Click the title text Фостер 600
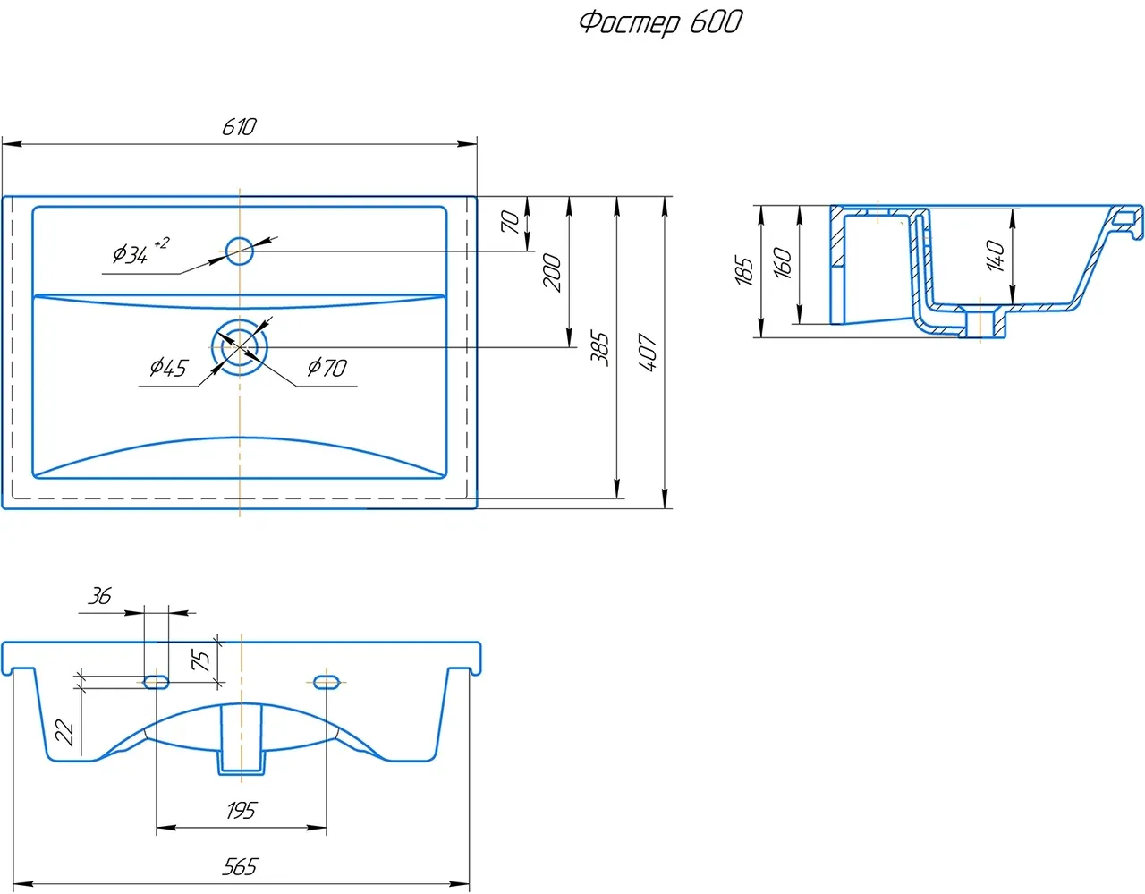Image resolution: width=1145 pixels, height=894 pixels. coord(660,21)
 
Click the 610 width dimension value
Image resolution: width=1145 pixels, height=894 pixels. coord(239,127)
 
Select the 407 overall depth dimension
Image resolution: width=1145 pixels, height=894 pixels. coord(649,353)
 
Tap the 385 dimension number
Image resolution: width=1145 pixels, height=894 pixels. coord(600,348)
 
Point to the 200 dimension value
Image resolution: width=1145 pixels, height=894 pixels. coord(553,272)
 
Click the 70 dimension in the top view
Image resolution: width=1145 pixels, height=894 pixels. coord(510,221)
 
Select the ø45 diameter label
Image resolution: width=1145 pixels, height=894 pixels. coord(168,367)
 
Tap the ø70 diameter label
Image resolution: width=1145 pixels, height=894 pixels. coord(327,367)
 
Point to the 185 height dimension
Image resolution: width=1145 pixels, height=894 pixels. coord(743,270)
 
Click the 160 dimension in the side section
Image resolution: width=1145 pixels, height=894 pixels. coord(782,263)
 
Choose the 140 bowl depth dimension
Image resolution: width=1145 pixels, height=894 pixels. coord(995,255)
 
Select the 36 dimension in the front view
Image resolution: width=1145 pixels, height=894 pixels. coord(100,596)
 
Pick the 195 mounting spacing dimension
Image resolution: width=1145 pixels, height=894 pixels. coord(241,811)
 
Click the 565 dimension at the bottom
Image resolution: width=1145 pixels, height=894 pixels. coord(240,866)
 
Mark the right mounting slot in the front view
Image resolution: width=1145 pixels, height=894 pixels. coord(327,683)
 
